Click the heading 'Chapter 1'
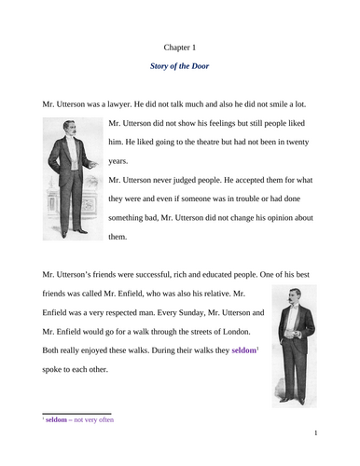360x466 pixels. point(179,44)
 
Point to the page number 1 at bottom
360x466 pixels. point(316,433)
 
